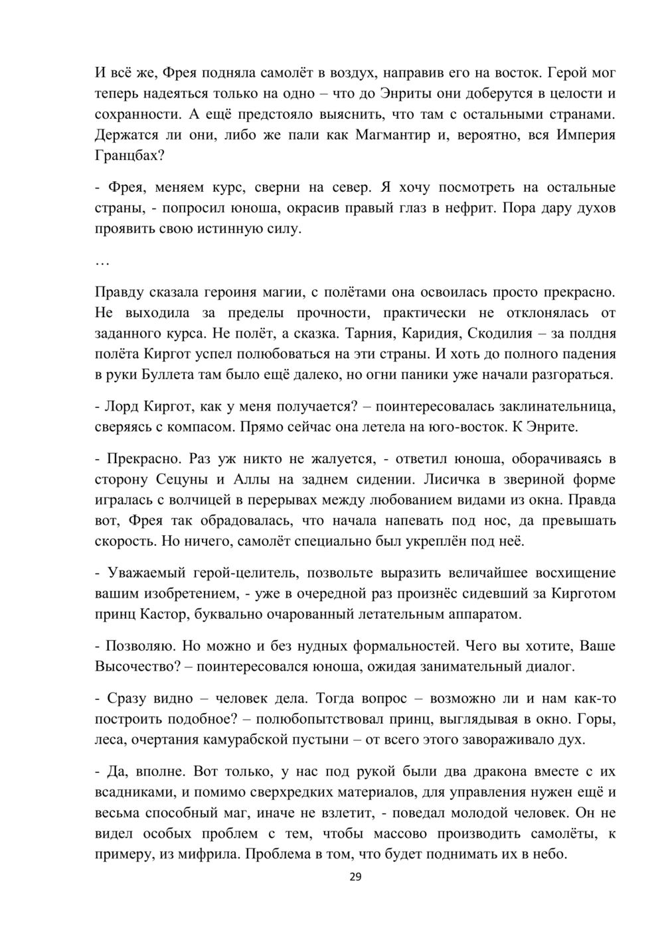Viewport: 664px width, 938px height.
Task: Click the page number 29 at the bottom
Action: pyautogui.click(x=355, y=877)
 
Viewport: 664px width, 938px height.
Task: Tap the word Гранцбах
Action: pyautogui.click(x=125, y=157)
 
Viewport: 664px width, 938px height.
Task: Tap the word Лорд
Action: pyautogui.click(x=122, y=405)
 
